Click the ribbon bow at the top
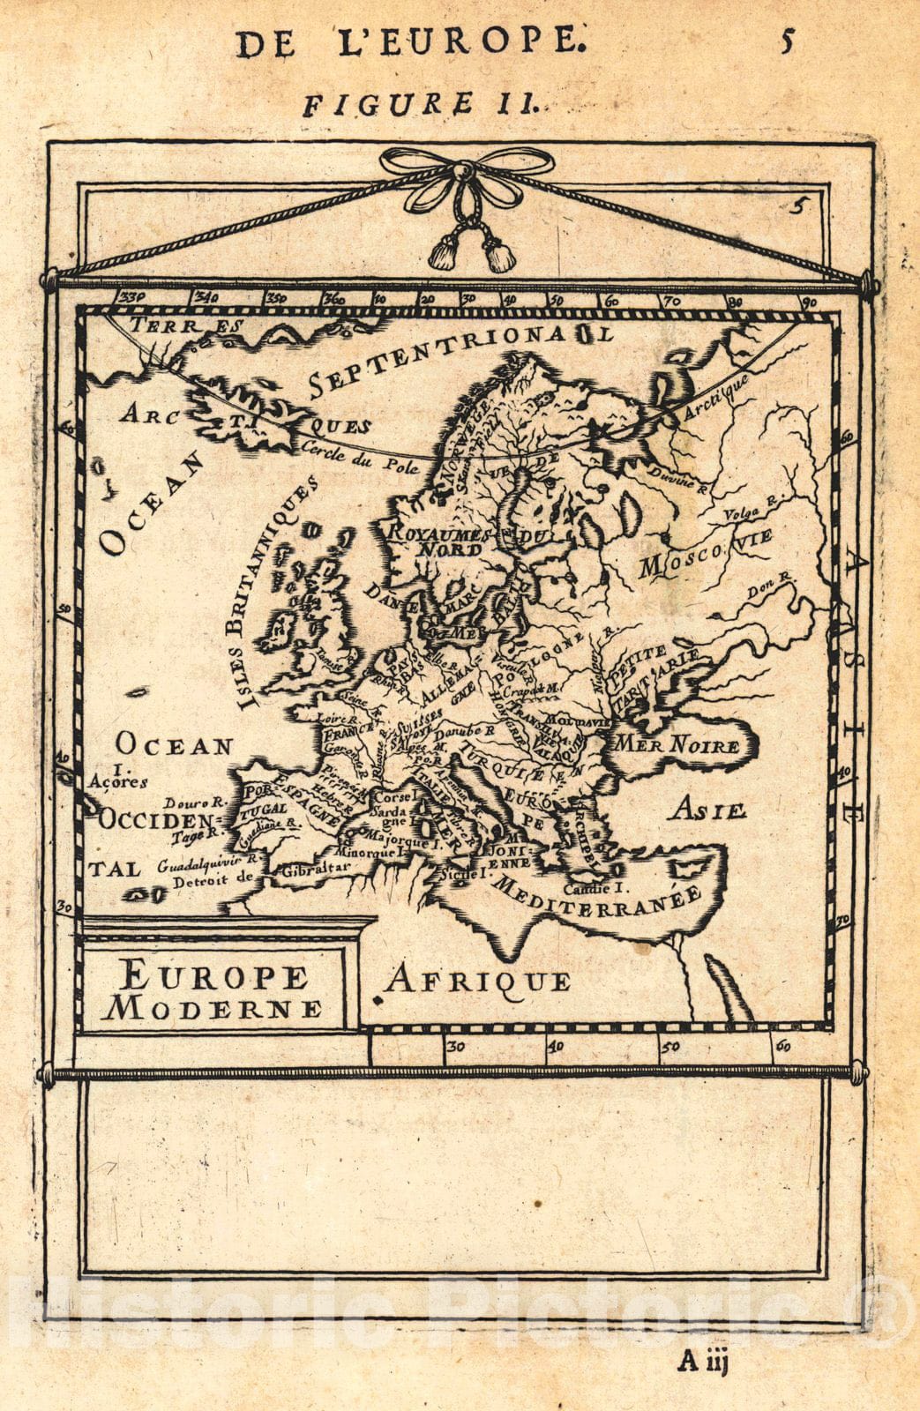pos(468,168)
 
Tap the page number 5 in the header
pos(788,41)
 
